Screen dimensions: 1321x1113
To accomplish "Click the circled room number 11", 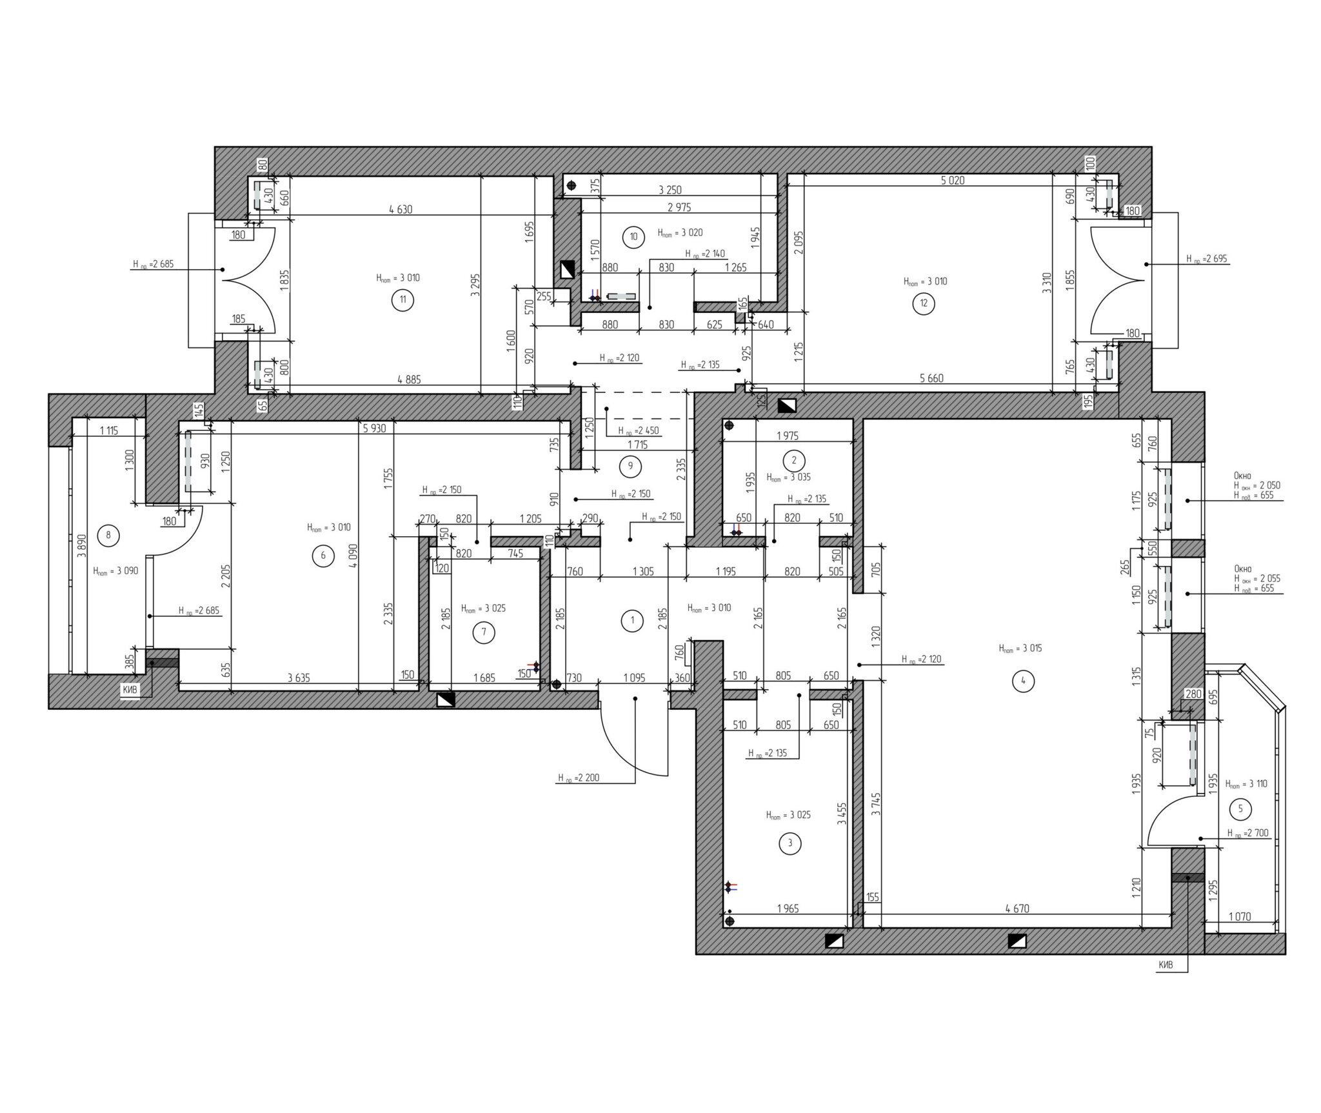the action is pos(403,300).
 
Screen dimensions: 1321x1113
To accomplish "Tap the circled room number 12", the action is pos(924,304).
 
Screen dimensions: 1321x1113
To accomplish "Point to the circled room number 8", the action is pos(108,534).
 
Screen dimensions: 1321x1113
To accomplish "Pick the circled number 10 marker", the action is pos(633,237).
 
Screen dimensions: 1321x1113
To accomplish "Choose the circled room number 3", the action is pos(790,843).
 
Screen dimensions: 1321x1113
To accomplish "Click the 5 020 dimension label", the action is pos(952,181).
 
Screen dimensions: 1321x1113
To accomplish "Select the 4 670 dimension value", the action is pos(1017,909).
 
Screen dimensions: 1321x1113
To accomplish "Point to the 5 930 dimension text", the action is pos(375,428).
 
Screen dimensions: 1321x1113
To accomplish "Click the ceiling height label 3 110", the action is pos(1246,784).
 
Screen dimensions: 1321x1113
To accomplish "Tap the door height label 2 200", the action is pos(579,778).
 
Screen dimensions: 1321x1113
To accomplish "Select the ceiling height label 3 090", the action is pos(115,571).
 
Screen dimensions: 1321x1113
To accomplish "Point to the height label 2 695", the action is pos(1207,259).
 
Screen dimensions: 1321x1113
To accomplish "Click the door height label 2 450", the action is pos(638,431).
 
